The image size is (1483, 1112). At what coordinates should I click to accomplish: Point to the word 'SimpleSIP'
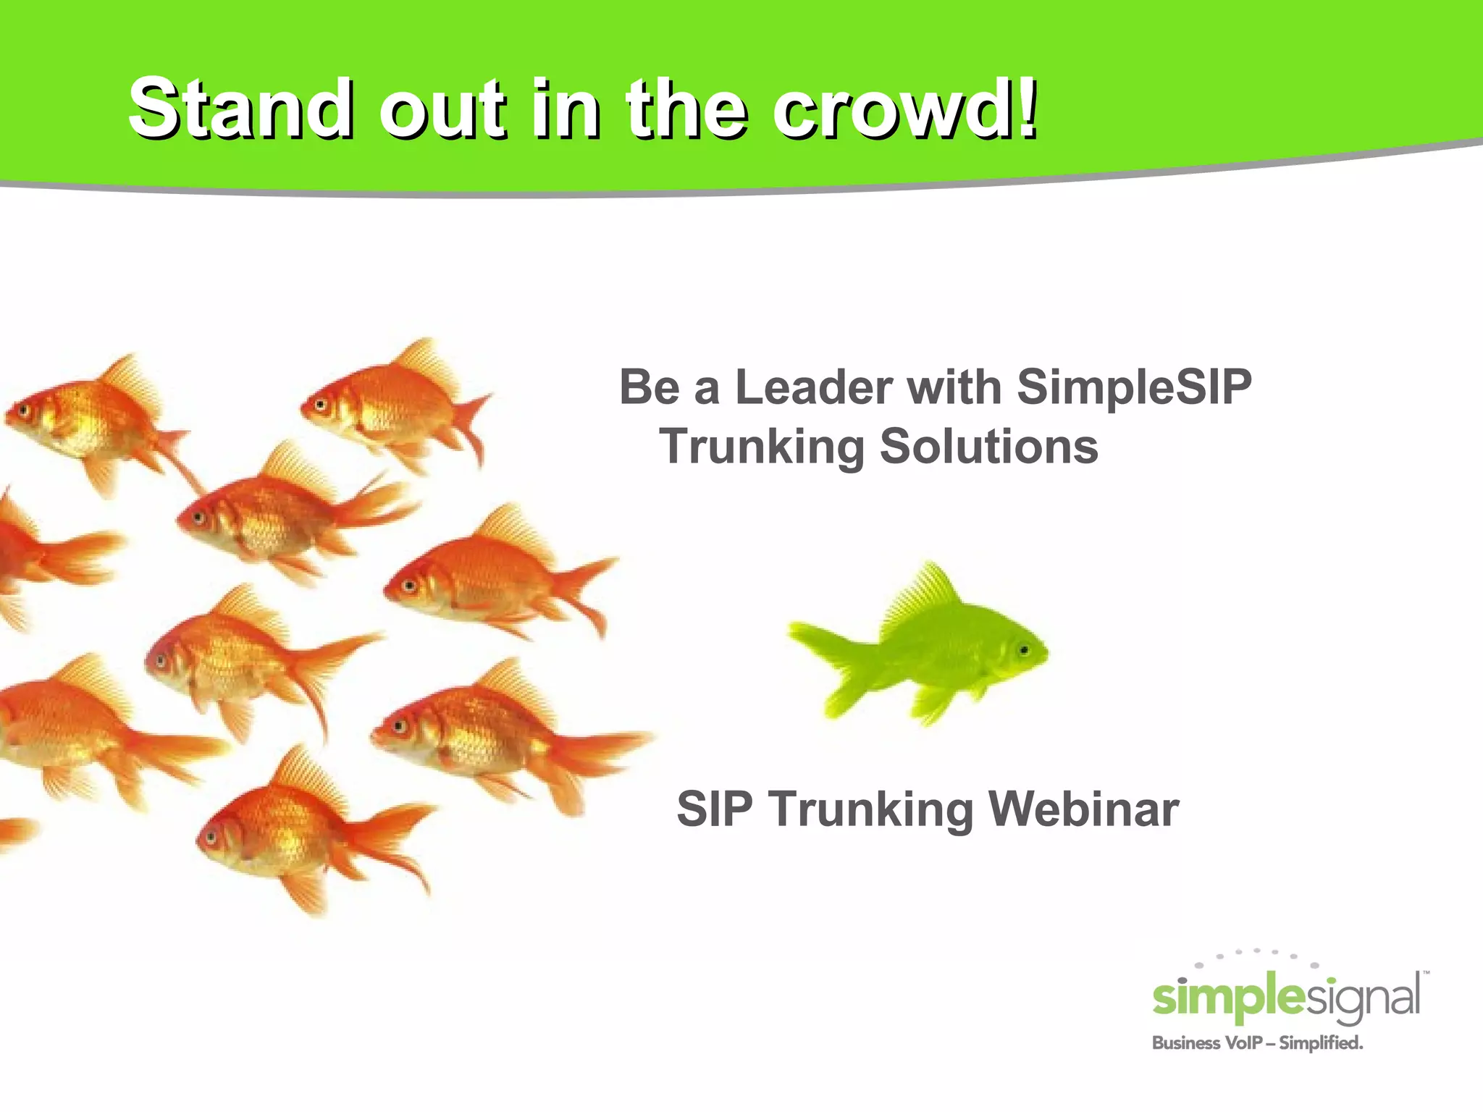(1134, 387)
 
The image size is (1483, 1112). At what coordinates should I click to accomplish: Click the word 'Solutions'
(988, 447)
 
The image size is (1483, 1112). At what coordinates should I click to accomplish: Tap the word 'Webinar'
(1084, 809)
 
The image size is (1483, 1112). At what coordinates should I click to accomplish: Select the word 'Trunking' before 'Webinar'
(871, 809)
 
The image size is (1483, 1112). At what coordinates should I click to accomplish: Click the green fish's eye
(1024, 650)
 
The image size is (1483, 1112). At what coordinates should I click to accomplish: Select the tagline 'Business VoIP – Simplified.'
(1257, 1043)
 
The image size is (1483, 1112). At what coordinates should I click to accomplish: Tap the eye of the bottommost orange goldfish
(211, 838)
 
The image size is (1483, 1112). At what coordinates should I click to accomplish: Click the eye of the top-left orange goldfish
(24, 411)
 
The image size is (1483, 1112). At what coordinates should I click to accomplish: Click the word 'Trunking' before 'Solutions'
(762, 447)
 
